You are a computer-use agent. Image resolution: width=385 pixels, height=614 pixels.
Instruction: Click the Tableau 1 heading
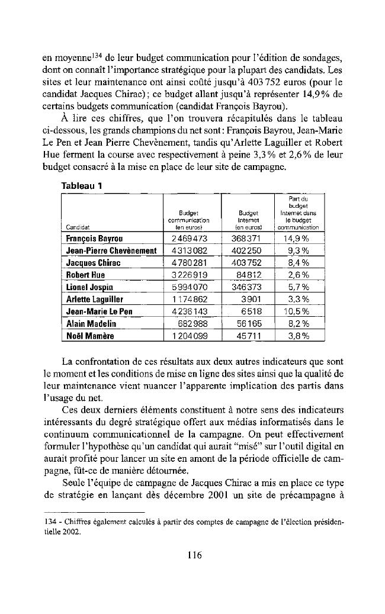(x=82, y=185)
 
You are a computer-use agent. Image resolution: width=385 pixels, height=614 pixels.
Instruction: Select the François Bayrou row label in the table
(x=94, y=239)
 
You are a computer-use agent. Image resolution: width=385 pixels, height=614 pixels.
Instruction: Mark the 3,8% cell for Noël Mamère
(x=299, y=336)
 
